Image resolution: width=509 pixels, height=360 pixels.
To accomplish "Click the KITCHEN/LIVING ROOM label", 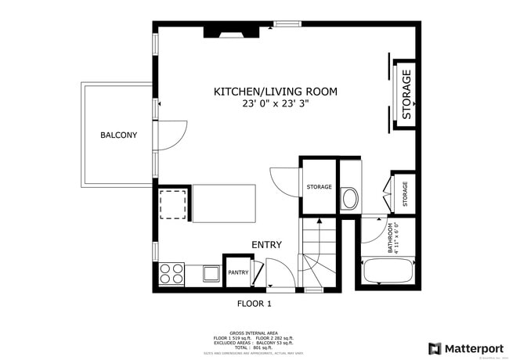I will click(x=276, y=92).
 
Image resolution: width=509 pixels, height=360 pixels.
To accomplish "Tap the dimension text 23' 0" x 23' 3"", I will click(x=276, y=103).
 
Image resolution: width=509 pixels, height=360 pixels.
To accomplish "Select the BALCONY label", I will click(x=118, y=135).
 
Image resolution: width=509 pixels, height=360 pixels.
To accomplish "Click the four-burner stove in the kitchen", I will click(x=172, y=273).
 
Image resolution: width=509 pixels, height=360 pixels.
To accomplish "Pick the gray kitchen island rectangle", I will click(x=224, y=203).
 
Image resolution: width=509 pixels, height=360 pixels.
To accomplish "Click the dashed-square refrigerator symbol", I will click(x=173, y=205).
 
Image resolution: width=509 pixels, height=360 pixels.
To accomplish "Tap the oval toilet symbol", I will click(x=350, y=199).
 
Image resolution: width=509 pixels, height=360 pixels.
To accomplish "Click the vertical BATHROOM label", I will click(x=389, y=239).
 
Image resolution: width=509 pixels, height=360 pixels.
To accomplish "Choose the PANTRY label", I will click(x=238, y=272).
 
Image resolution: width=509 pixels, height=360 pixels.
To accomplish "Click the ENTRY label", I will click(x=266, y=245).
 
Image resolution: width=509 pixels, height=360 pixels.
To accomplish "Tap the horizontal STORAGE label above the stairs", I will click(x=319, y=187).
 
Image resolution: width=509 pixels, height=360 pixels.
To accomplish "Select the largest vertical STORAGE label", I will click(x=406, y=94).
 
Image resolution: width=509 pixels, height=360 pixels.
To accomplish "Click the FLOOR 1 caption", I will click(x=254, y=303).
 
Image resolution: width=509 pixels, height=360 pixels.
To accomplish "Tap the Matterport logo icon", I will click(x=434, y=348).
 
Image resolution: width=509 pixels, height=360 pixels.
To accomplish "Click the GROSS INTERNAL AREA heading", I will click(x=254, y=332).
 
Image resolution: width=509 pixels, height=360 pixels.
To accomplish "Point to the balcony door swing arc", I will click(x=174, y=133).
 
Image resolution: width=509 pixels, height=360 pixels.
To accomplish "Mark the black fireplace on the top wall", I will click(x=229, y=32).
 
